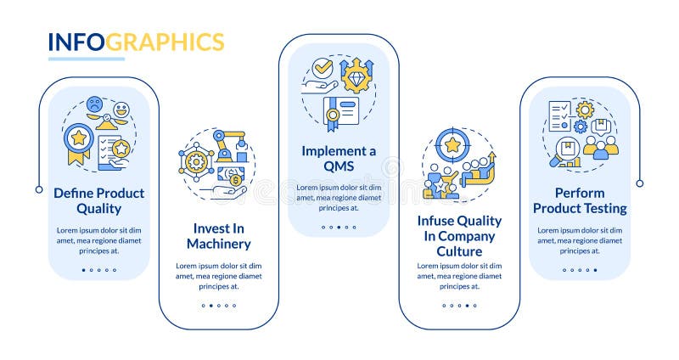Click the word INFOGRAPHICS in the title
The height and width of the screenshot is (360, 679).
[x=136, y=42]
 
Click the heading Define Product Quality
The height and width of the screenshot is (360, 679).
[x=99, y=200]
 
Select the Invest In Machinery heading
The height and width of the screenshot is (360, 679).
[x=219, y=236]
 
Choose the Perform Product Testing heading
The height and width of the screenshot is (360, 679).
[x=580, y=200]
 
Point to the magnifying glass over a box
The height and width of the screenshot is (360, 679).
[x=564, y=153]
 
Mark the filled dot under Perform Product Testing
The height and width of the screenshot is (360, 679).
[x=595, y=270]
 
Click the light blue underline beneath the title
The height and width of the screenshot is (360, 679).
[x=86, y=59]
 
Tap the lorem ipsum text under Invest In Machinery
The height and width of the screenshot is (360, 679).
[x=219, y=276]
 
